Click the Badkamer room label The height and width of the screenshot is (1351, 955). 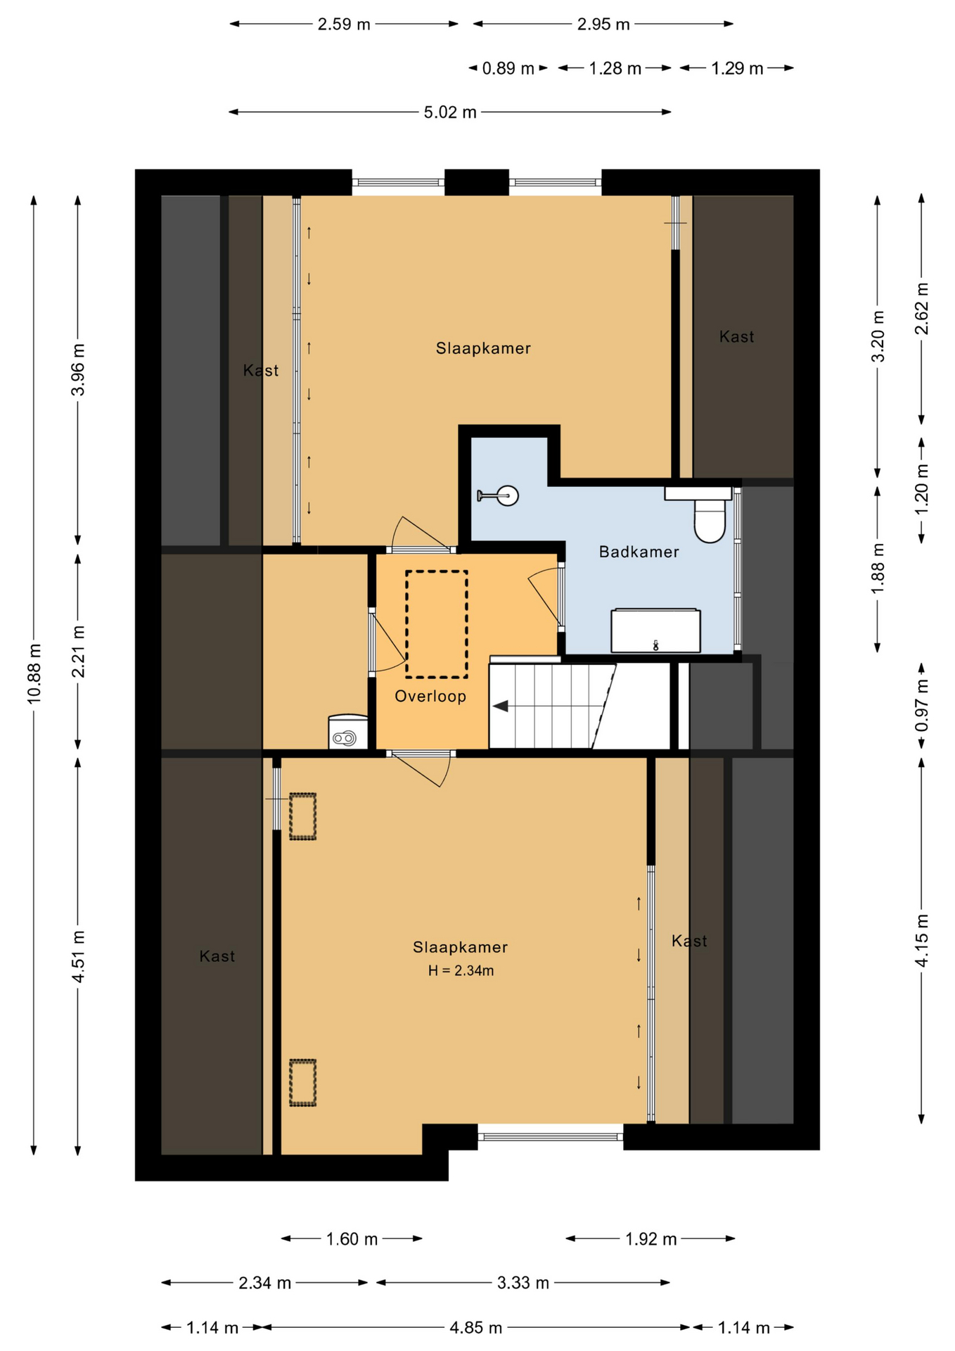point(639,552)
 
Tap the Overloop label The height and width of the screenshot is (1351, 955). point(430,697)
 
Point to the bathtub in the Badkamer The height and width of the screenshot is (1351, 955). point(655,630)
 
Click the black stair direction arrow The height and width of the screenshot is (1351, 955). point(500,706)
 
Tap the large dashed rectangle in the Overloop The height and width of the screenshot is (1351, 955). point(437,624)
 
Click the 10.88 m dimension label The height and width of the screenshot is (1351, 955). point(34,673)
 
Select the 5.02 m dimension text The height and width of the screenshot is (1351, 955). point(450,113)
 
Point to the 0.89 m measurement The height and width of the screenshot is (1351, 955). point(508,69)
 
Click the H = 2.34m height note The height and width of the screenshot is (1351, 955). point(461,971)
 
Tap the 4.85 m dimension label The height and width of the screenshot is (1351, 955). point(476,1328)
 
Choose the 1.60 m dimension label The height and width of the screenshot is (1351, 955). point(352,1239)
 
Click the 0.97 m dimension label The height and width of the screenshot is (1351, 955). point(922,706)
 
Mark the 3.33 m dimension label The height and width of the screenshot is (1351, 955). point(523,1283)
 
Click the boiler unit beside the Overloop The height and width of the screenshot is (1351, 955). point(348,732)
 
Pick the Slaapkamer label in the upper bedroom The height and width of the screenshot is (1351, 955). point(483,348)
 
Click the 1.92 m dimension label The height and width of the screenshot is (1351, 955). point(651,1239)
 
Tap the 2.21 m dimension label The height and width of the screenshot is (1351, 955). point(78,652)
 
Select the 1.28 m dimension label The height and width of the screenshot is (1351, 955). point(615,69)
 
